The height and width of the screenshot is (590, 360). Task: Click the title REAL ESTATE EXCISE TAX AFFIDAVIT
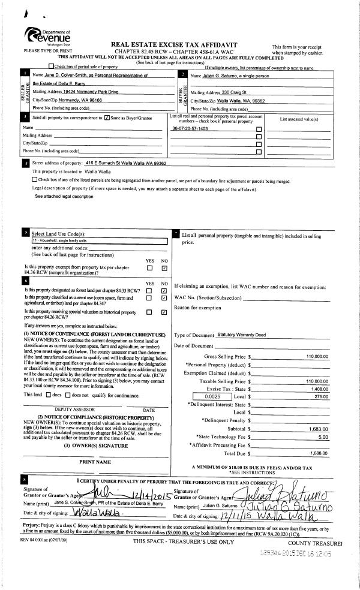179,45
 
